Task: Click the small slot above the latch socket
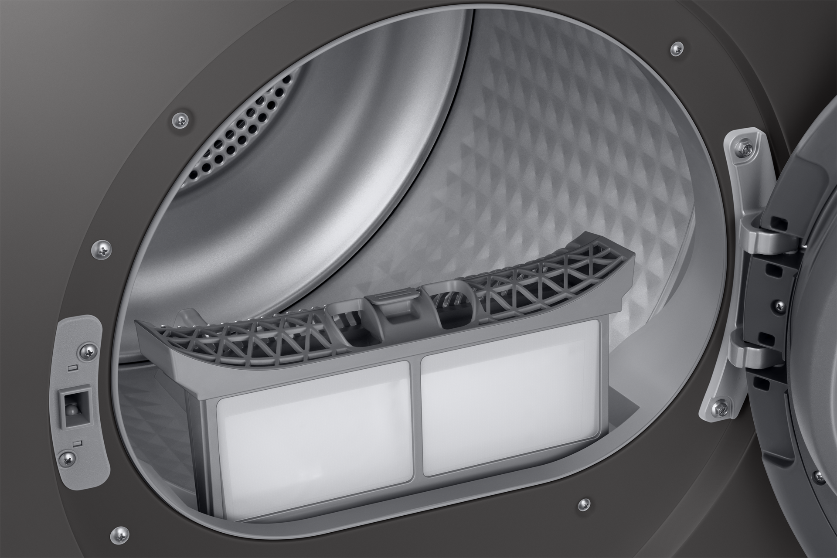[73, 368]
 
